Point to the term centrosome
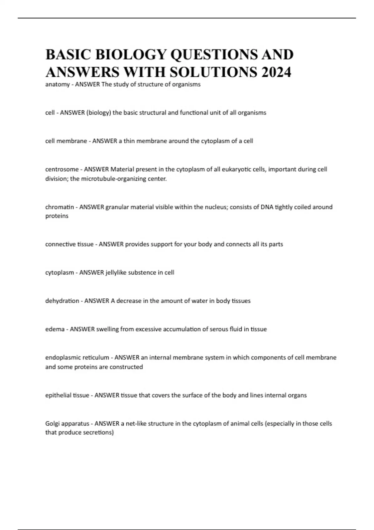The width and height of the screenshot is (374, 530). click(x=62, y=169)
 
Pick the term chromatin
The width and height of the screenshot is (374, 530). click(x=59, y=207)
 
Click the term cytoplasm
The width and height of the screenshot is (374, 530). click(x=60, y=272)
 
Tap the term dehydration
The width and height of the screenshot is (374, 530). click(x=62, y=301)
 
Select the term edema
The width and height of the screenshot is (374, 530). click(x=55, y=329)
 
